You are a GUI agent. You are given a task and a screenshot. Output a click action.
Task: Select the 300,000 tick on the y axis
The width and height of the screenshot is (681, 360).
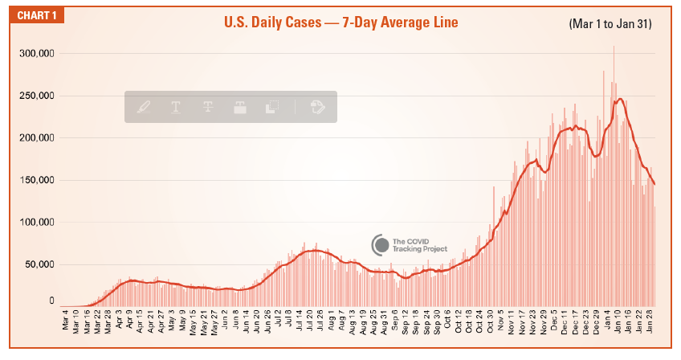[36, 54]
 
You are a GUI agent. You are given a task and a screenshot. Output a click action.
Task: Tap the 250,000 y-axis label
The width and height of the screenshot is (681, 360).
[36, 96]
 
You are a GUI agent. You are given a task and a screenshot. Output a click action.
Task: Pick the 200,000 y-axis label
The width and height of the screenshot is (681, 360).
[36, 138]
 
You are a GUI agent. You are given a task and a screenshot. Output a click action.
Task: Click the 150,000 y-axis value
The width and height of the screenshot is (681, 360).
[36, 180]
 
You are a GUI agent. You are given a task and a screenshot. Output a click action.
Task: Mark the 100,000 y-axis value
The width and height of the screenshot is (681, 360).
[36, 223]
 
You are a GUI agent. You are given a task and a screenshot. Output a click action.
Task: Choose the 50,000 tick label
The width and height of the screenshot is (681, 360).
[39, 264]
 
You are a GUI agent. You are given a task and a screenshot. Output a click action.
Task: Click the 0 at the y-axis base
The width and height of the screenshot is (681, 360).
[51, 301]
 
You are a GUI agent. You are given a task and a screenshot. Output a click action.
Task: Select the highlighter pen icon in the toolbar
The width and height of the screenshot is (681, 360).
[144, 107]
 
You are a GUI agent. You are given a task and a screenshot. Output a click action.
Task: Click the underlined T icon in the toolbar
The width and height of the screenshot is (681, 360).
[175, 107]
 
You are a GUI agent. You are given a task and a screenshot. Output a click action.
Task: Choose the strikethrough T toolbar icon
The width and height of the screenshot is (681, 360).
[207, 107]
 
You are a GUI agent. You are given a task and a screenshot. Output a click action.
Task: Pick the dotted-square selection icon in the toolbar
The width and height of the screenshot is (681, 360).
[271, 107]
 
